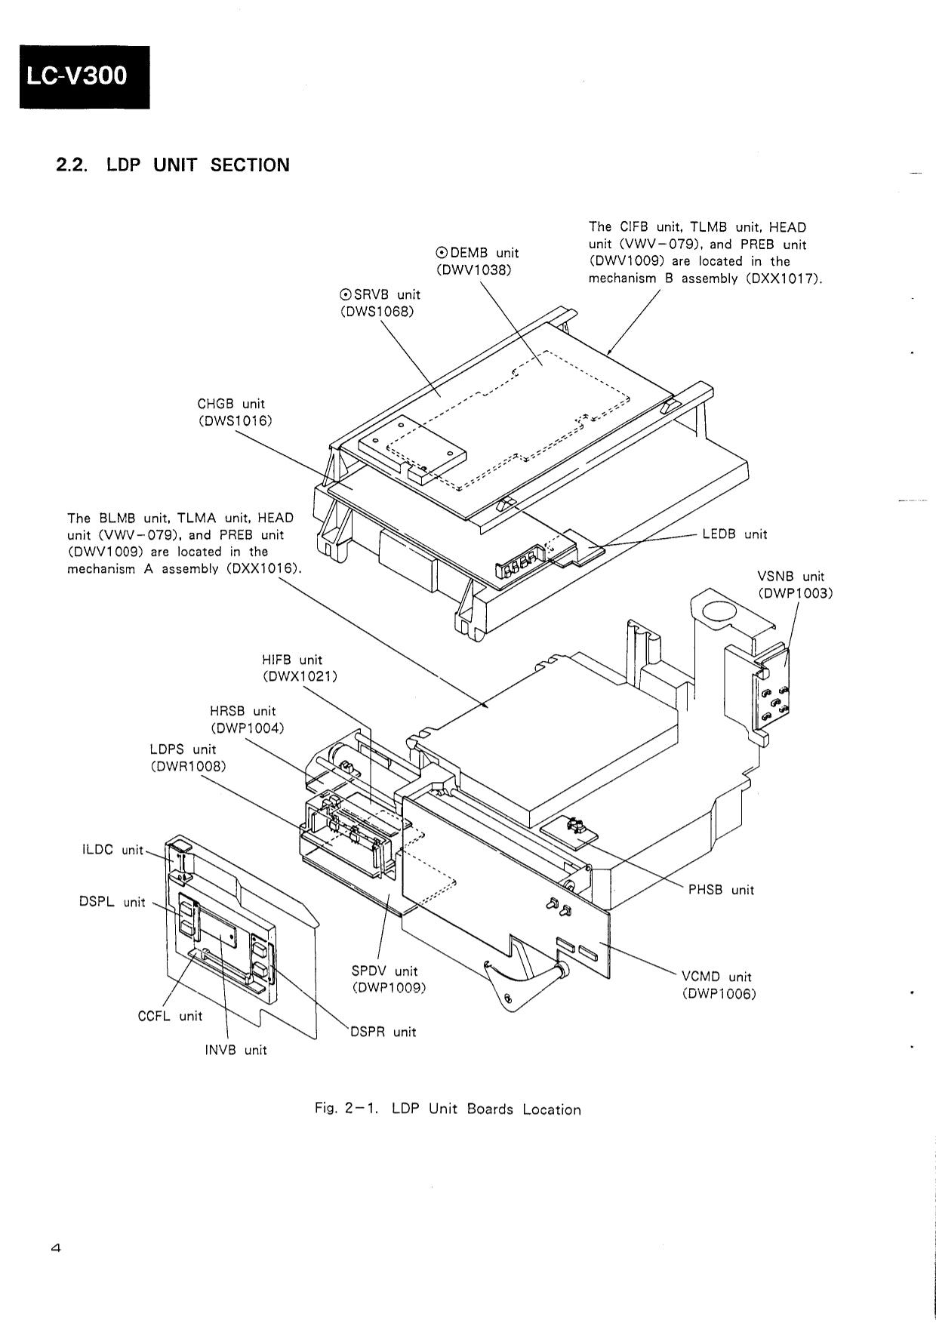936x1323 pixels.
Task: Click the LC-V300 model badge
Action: click(x=84, y=77)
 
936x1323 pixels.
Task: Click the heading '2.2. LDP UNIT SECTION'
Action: click(x=173, y=165)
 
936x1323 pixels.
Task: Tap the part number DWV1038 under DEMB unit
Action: click(x=473, y=269)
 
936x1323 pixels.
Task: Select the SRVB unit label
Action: click(x=380, y=294)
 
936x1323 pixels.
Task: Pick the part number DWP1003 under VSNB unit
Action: click(x=795, y=593)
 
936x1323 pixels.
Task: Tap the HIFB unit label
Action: click(x=292, y=660)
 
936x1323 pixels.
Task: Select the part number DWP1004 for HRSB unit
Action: click(x=247, y=728)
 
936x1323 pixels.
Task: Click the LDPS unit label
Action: click(x=183, y=749)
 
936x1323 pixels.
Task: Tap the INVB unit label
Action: click(x=236, y=1050)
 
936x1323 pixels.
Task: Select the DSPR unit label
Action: click(x=383, y=1032)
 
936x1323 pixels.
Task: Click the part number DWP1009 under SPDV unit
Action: click(x=389, y=987)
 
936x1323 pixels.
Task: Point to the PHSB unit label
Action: click(x=721, y=890)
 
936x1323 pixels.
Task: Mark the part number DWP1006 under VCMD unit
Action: click(x=719, y=994)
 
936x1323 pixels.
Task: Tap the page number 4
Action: click(x=55, y=1248)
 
